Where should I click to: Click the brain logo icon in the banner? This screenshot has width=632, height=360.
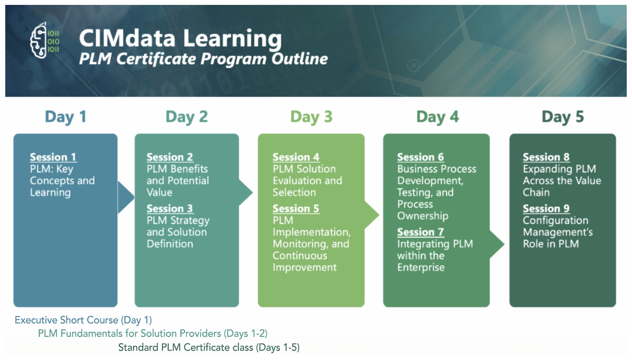(45, 40)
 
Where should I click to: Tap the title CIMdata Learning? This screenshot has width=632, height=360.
(180, 38)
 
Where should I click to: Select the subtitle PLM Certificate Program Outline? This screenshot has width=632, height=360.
(203, 59)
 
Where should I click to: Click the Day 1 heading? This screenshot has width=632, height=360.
(65, 117)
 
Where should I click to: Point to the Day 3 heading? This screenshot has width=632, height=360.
(311, 117)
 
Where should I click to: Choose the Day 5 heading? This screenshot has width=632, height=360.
(562, 117)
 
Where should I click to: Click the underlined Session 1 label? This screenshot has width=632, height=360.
(53, 157)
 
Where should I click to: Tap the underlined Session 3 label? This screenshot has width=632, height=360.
(170, 209)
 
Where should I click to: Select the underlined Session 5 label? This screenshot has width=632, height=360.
(296, 209)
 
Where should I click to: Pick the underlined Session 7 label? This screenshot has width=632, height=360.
(421, 232)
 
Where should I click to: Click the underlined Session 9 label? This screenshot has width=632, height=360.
(546, 209)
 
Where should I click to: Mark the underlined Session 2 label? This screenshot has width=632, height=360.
(170, 157)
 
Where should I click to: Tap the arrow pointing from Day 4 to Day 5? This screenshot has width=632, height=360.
(497, 244)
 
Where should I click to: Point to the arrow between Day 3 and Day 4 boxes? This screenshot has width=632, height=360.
(372, 215)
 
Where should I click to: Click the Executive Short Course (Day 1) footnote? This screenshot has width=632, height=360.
(83, 320)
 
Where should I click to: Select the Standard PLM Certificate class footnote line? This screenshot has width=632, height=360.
(209, 347)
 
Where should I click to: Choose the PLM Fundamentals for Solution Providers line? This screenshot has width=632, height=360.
(153, 333)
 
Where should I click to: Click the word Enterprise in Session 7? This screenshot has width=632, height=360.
(421, 268)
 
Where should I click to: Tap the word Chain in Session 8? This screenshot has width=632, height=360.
(536, 192)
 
